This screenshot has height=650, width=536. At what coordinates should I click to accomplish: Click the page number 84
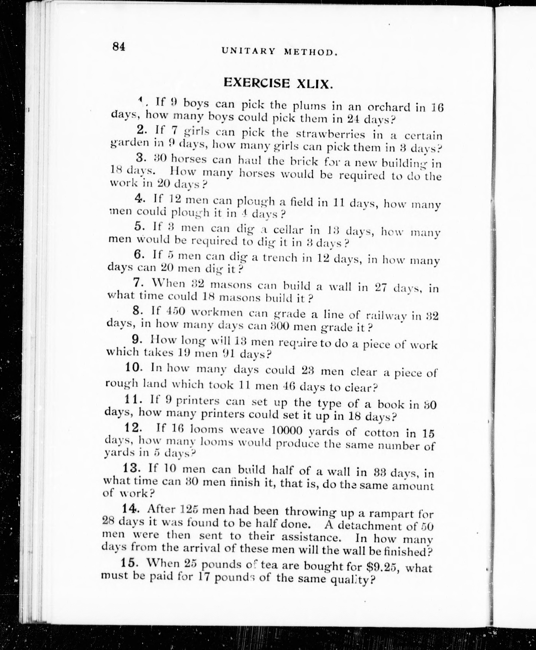tap(119, 47)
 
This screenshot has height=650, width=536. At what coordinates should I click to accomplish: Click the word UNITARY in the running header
tap(248, 51)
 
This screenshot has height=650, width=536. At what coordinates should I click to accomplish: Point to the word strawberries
tap(330, 134)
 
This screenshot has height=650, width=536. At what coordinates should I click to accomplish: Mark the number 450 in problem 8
tap(175, 311)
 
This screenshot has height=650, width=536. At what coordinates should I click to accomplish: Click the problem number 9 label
tap(136, 339)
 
